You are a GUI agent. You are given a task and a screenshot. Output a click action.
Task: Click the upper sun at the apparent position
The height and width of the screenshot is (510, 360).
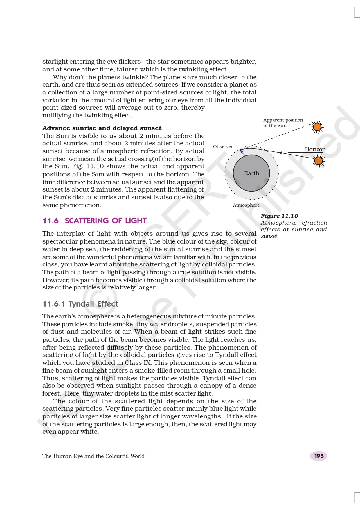coord(317,127)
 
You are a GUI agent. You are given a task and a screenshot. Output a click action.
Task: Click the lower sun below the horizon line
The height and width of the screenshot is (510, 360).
coord(318,160)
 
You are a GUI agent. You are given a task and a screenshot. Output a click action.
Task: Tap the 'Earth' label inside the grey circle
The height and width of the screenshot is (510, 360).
coord(251,173)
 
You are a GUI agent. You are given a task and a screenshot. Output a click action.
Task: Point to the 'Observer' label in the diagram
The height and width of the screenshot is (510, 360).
coord(223,146)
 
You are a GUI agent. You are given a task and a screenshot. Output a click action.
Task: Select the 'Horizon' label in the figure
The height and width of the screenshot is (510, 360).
coord(315,149)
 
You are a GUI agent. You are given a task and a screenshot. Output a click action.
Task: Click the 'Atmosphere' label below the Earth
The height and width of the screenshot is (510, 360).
coord(246,205)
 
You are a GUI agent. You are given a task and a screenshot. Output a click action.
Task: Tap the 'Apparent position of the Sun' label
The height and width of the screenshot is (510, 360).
coord(283,123)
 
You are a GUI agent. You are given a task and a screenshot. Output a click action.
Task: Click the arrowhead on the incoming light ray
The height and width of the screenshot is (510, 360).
coord(280,153)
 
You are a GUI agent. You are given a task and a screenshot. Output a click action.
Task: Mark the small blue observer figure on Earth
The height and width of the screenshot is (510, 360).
coord(242,151)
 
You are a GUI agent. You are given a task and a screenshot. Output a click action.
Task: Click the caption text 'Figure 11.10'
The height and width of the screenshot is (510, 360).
coord(279,216)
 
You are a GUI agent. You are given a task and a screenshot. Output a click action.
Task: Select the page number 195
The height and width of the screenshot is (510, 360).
coord(319,456)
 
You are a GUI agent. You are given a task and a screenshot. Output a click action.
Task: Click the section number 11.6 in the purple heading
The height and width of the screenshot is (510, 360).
coord(51,221)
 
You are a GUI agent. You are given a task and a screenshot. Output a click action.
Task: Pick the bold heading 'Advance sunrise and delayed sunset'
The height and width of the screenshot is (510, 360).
coord(102,128)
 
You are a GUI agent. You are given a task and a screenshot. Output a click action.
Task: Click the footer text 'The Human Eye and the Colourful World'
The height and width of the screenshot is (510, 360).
coord(93,456)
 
